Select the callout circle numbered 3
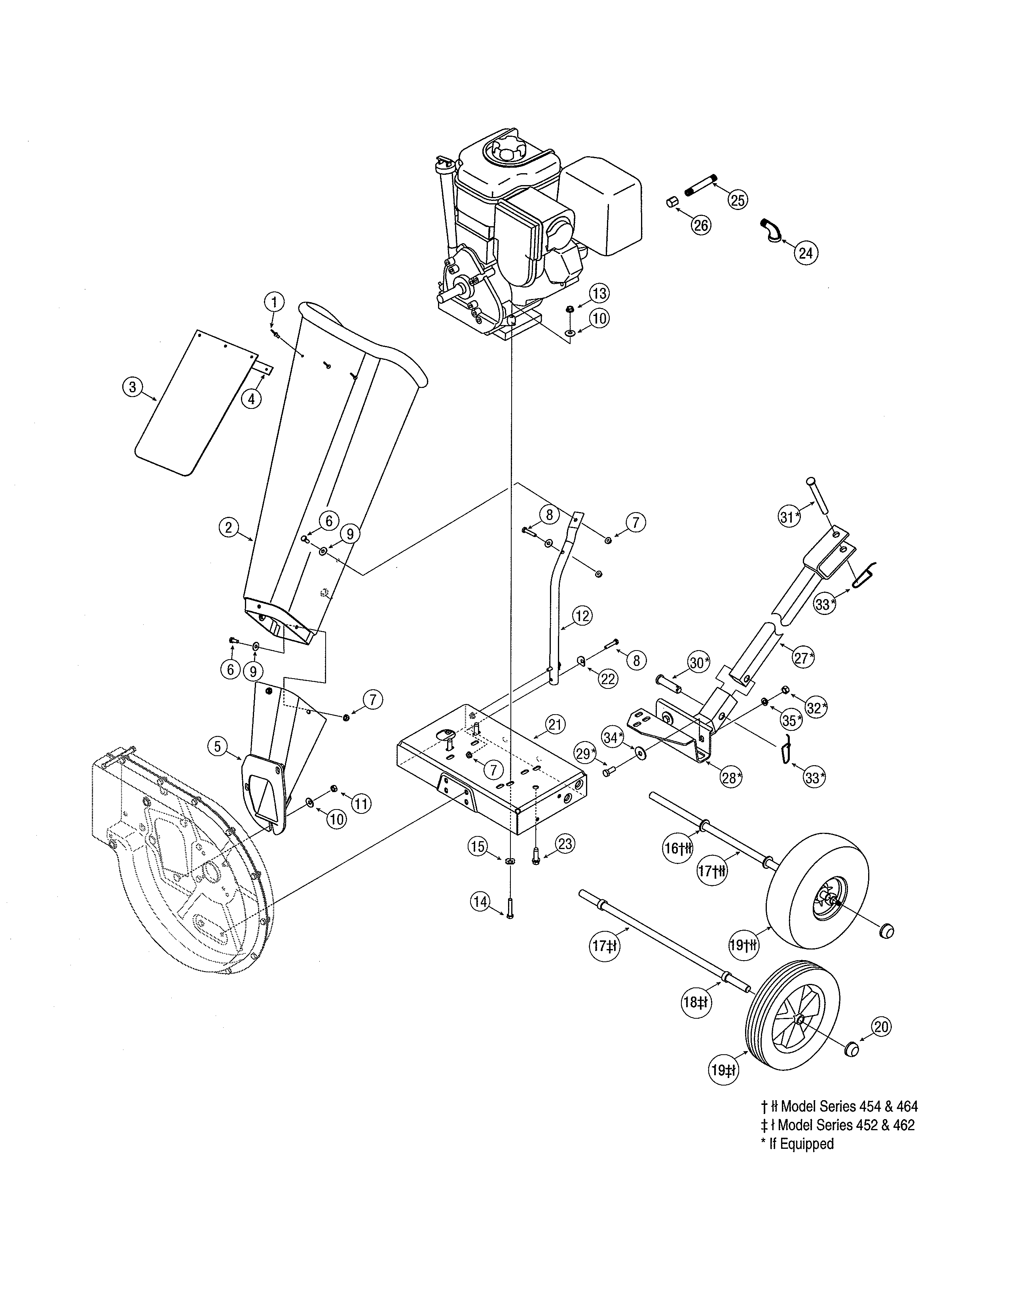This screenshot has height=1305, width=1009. coord(132,387)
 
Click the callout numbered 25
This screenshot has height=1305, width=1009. coord(738,200)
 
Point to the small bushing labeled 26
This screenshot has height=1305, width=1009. coord(671,202)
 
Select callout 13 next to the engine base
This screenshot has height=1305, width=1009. coord(599,293)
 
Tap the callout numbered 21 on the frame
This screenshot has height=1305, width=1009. coord(555,725)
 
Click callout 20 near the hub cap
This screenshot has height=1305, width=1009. coord(881,1027)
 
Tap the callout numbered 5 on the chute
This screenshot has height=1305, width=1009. coord(218,746)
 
